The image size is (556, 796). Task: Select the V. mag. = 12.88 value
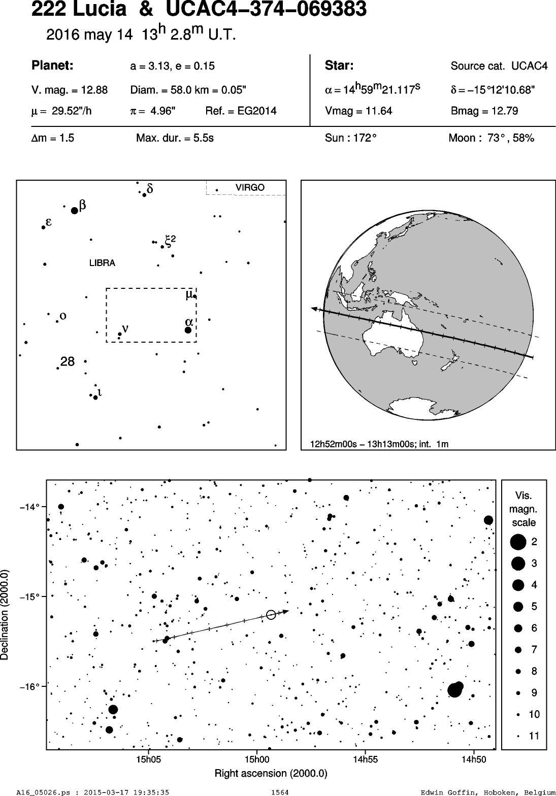click(x=70, y=90)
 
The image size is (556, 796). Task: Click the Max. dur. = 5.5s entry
click(x=175, y=138)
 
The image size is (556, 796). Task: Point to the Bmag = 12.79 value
click(x=484, y=111)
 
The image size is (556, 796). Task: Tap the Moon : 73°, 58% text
click(x=492, y=138)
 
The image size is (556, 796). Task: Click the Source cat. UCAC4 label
click(x=499, y=66)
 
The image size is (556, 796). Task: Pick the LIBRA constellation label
click(x=102, y=263)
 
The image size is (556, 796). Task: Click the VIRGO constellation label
click(x=250, y=188)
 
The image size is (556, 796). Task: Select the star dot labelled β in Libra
click(x=74, y=211)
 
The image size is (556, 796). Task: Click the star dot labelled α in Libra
click(x=188, y=330)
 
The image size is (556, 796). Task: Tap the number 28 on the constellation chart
click(x=68, y=362)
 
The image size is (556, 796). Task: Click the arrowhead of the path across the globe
click(x=314, y=309)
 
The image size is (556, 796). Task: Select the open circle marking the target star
click(x=271, y=614)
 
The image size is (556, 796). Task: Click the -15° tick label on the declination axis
click(x=28, y=596)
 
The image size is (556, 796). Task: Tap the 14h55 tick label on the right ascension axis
click(x=365, y=759)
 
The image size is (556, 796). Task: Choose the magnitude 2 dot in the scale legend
click(x=518, y=542)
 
